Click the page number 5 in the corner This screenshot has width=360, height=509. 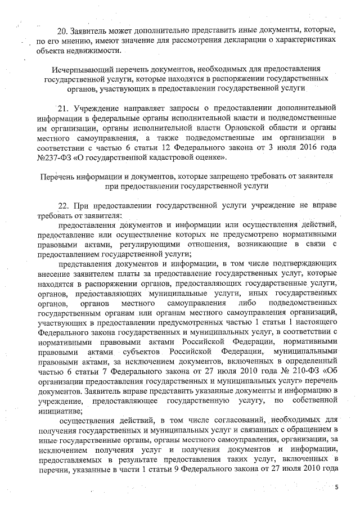pyautogui.click(x=336, y=487)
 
